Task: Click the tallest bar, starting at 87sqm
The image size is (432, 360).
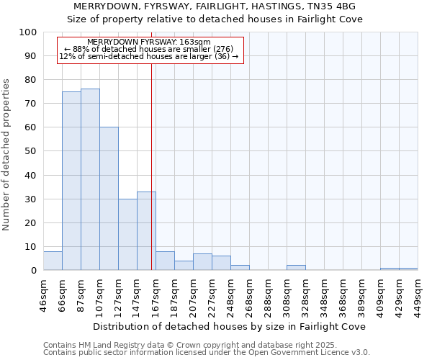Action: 90,180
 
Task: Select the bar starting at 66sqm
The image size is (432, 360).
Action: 71,181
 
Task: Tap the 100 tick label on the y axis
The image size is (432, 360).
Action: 28,32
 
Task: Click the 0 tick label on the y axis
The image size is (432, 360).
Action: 34,271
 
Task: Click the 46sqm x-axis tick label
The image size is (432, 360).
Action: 44,294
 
